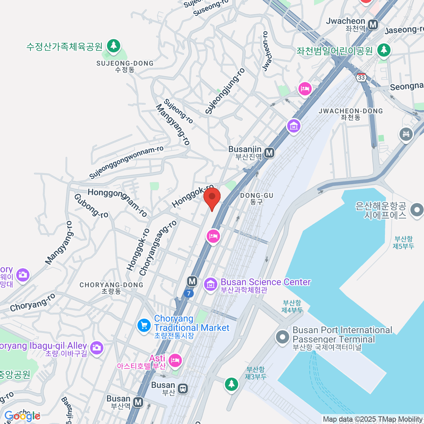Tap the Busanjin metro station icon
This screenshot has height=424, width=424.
coord(270,153)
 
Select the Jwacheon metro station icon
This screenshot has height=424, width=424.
coord(373,25)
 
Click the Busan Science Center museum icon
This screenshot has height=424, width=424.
coord(211,284)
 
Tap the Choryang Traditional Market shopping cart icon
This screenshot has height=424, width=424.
coord(144,325)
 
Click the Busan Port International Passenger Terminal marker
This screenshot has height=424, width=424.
coord(282,337)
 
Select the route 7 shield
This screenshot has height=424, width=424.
coord(189,293)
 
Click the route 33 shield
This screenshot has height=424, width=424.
coord(361,77)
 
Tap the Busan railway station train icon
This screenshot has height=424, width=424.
coord(183,389)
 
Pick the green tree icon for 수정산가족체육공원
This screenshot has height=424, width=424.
coord(113,46)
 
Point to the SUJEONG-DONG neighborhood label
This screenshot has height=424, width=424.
coord(125,66)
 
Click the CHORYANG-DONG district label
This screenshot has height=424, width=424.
coord(111,288)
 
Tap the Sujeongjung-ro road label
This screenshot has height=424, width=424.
coord(225,91)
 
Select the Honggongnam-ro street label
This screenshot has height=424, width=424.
coord(117,202)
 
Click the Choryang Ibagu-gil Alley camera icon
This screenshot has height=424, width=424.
coord(96,348)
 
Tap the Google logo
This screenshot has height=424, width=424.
coord(22,416)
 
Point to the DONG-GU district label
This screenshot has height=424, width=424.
coord(257,199)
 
